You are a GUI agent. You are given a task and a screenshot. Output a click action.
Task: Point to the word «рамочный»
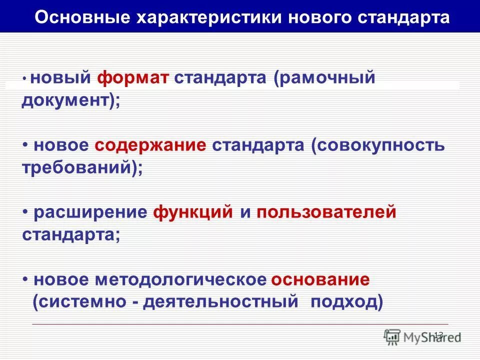pos(325,79)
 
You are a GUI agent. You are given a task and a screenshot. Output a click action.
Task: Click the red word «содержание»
pos(149,145)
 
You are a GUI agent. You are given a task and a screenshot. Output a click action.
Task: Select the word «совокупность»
pos(378,145)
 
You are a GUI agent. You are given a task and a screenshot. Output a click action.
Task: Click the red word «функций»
pos(193,212)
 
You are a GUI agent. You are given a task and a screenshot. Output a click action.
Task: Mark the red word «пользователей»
pos(326,212)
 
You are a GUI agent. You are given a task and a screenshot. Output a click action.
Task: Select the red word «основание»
pos(320,280)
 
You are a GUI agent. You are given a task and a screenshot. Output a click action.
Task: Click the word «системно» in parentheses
pos(83,302)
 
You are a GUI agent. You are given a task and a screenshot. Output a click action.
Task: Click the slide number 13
pos(438,334)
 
